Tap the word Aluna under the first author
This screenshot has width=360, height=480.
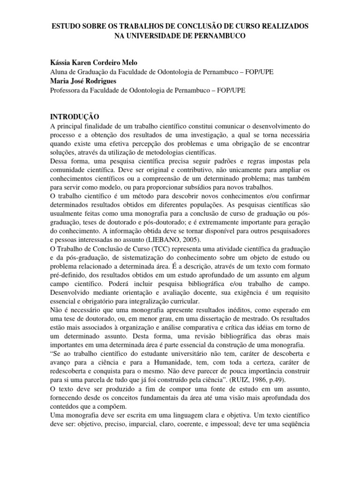pos(60,72)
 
